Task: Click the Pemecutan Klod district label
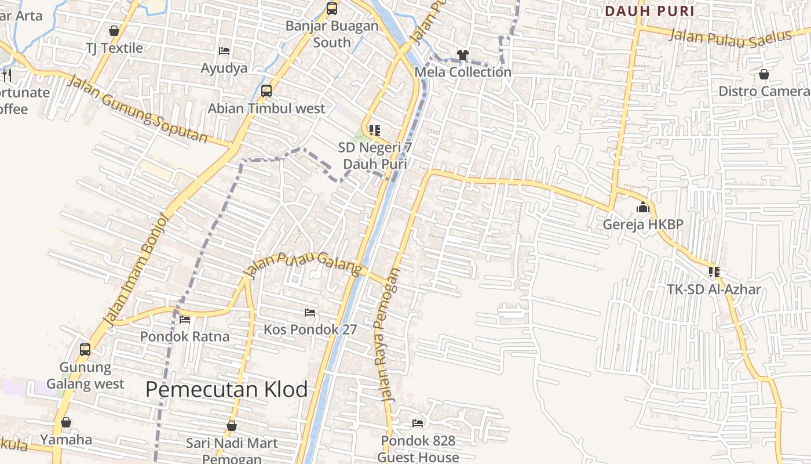coord(227,390)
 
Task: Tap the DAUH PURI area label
coord(649,11)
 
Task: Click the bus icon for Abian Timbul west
coord(266,91)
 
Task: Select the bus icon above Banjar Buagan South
coord(332,9)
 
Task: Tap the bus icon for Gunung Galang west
coord(85,350)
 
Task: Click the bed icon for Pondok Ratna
coord(185,319)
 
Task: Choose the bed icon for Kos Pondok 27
coord(310,313)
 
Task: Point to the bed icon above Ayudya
coord(224,51)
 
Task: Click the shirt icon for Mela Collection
coord(462,55)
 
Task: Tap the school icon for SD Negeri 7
coord(375,130)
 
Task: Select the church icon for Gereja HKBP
coord(643,208)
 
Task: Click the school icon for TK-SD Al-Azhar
coord(714,271)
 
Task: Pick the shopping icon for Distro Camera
coord(764,74)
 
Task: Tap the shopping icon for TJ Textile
coord(114,31)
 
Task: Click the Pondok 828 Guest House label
coord(418,449)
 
